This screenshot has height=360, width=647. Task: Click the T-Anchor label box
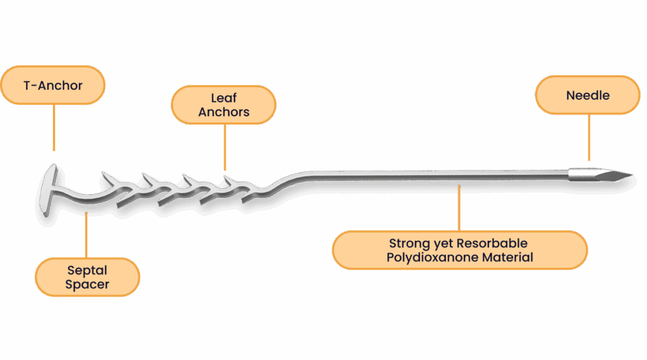[52, 85]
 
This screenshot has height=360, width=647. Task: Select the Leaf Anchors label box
[224, 105]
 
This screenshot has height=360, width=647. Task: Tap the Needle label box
[588, 95]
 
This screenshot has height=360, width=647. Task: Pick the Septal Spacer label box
[88, 277]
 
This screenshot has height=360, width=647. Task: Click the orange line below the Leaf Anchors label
[224, 146]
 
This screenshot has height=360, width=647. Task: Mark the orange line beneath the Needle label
[589, 137]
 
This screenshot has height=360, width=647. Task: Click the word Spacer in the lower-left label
[88, 284]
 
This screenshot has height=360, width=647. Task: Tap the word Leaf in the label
[224, 98]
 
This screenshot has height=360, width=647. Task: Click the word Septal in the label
[88, 270]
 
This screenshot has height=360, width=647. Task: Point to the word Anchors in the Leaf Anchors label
[224, 112]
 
